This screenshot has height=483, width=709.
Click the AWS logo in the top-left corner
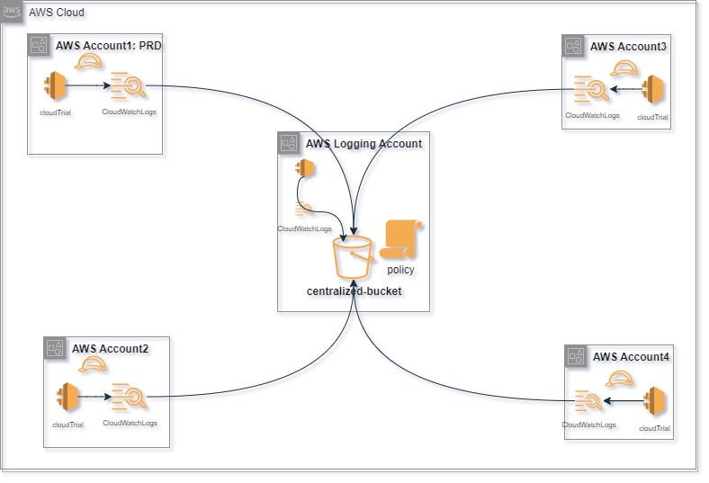point(13,13)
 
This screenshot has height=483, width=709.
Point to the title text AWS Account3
point(628,46)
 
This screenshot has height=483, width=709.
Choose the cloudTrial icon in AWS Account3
point(653,90)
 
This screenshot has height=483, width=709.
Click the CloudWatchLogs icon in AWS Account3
point(589,90)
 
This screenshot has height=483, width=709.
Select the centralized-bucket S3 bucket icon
point(353,257)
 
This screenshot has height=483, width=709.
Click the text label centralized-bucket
point(353,291)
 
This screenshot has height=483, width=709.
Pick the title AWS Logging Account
point(363,143)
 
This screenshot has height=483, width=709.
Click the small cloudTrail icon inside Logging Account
point(305,168)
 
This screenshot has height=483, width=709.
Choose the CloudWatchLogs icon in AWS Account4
point(588,400)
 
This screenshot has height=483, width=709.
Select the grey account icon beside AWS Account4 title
point(576,356)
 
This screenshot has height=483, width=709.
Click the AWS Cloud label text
point(58,13)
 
